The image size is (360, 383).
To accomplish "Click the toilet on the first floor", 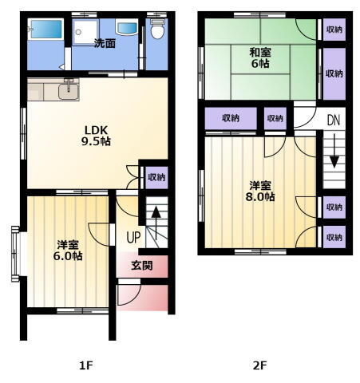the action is coord(156,29).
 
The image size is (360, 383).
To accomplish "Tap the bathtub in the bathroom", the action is coord(46,29).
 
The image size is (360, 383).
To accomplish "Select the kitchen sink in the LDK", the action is coord(69,91).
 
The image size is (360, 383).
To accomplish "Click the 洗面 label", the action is coord(105,43).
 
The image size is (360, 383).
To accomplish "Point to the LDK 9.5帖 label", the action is coord(96,136).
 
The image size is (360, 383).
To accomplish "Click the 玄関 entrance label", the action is coord(142,265).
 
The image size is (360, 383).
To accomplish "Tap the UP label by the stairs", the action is coord(133,238).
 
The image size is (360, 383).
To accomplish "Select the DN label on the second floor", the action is coord(334,120).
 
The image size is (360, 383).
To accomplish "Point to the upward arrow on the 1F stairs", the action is coord(156,223).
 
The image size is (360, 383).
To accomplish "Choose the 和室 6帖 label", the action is coord(260,58).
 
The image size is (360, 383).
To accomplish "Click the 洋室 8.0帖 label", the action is coord(260,191).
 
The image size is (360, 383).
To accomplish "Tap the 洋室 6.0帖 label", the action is coord(68,251).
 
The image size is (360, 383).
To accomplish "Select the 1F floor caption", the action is coord(86,365).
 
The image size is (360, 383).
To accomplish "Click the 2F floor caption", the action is coord(259,365).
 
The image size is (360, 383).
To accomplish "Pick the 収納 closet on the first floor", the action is coord(156,177).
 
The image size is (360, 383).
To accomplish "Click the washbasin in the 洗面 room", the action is coord(127,28).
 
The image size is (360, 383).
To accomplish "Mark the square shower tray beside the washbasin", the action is coord(85,32).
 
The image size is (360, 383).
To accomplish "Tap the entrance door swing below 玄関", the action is coord(129,294).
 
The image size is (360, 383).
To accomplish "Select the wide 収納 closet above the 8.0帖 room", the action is coord(231,118).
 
